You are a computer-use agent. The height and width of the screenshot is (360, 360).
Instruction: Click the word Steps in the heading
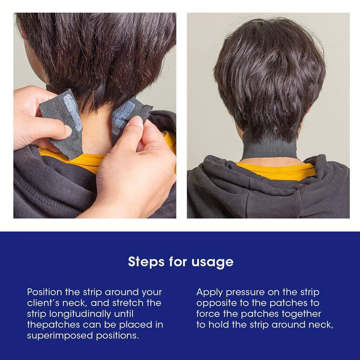146,261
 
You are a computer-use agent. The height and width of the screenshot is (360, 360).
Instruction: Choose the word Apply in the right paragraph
209,293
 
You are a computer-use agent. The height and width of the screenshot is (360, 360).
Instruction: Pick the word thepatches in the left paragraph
54,325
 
